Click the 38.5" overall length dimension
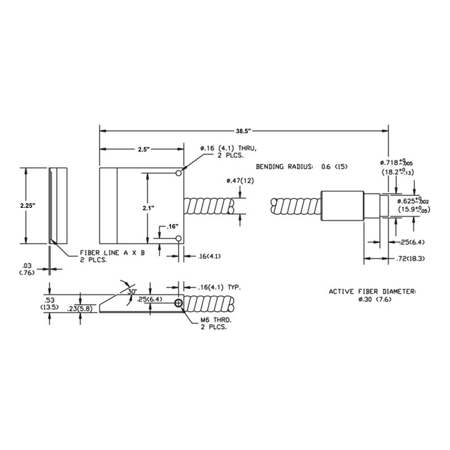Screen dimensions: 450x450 pyautogui.click(x=243, y=131)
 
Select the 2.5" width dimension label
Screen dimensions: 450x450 pyautogui.click(x=143, y=149)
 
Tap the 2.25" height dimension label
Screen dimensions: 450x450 pyautogui.click(x=27, y=205)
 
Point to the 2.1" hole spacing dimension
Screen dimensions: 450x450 pyautogui.click(x=148, y=208)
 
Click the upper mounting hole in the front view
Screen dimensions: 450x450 pyautogui.click(x=178, y=173)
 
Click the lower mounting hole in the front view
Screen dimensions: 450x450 pyautogui.click(x=178, y=238)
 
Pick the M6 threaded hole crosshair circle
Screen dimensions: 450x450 pyautogui.click(x=178, y=303)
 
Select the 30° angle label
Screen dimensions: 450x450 pyautogui.click(x=132, y=292)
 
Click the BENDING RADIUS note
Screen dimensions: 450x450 pyautogui.click(x=302, y=166)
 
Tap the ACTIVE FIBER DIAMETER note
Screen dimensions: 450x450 pyautogui.click(x=372, y=295)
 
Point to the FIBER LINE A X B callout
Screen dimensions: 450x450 pyautogui.click(x=112, y=256)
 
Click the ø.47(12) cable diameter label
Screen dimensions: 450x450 pyautogui.click(x=240, y=181)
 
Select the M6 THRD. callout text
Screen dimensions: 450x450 pyautogui.click(x=216, y=323)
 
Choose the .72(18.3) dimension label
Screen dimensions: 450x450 pyautogui.click(x=411, y=258)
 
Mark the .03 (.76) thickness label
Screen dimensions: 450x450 pyautogui.click(x=27, y=269)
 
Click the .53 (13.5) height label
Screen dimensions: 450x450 pyautogui.click(x=49, y=303)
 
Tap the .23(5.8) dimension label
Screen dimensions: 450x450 pyautogui.click(x=79, y=309)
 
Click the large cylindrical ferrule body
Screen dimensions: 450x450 pyautogui.click(x=342, y=205)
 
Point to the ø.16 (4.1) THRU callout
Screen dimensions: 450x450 pyautogui.click(x=228, y=152)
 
